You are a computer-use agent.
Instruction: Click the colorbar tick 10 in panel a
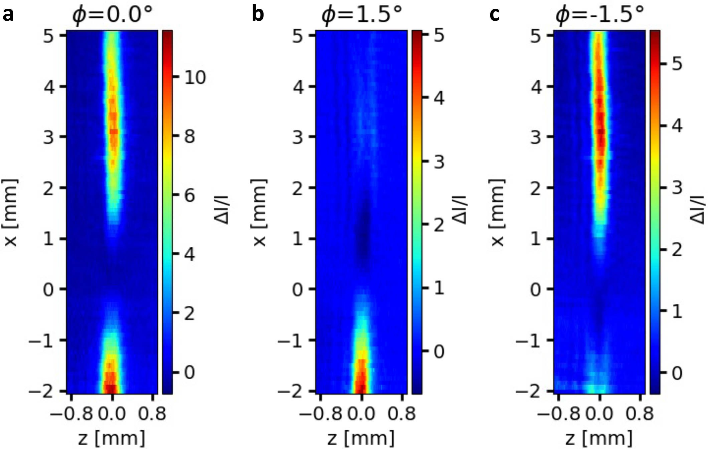point(195,77)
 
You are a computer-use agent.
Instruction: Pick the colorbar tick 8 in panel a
point(189,137)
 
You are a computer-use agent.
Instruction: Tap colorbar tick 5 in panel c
point(677,63)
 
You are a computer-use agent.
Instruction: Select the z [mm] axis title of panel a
point(112,438)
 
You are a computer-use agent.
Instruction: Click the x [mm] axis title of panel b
point(259,213)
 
